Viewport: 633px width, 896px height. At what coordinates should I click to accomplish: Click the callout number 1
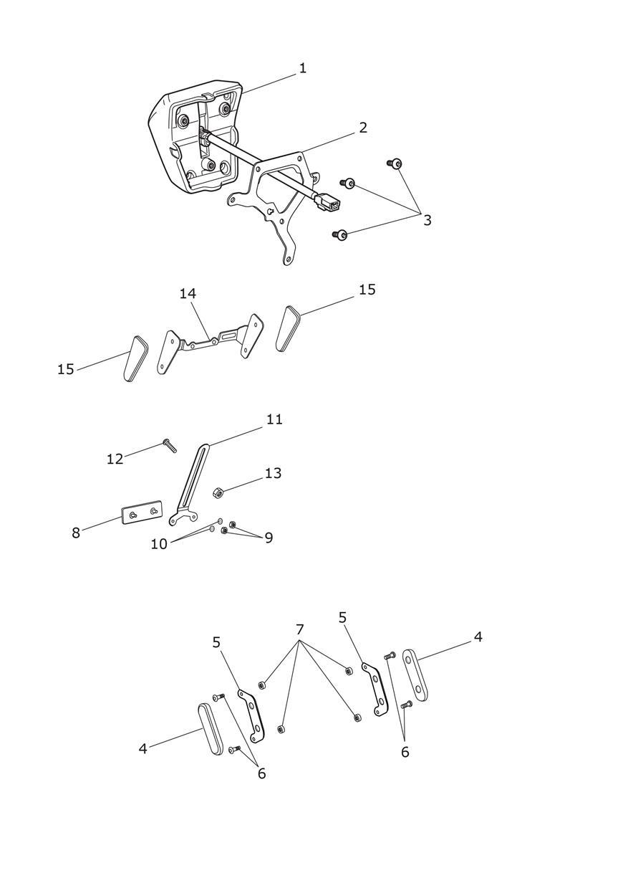coord(302,68)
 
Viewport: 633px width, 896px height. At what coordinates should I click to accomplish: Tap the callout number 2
coord(362,128)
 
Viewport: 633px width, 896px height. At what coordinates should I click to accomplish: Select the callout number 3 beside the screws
coord(427,220)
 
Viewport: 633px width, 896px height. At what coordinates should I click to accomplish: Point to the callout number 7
coord(300,629)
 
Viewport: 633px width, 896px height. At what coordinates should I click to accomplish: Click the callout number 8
coord(75,533)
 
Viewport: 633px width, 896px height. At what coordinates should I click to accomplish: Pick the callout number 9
coord(269,538)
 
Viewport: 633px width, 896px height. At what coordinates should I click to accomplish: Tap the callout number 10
coord(159,544)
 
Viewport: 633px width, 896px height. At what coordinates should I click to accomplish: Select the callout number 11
coord(274,419)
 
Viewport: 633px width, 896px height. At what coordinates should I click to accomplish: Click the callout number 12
coord(115,459)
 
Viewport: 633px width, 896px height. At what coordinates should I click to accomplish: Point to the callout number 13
coord(273,473)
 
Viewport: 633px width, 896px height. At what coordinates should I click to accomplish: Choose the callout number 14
coord(188,294)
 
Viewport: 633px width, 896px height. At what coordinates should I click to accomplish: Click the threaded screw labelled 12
coord(170,446)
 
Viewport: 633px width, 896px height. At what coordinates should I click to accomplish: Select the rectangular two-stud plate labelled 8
coord(142,512)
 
